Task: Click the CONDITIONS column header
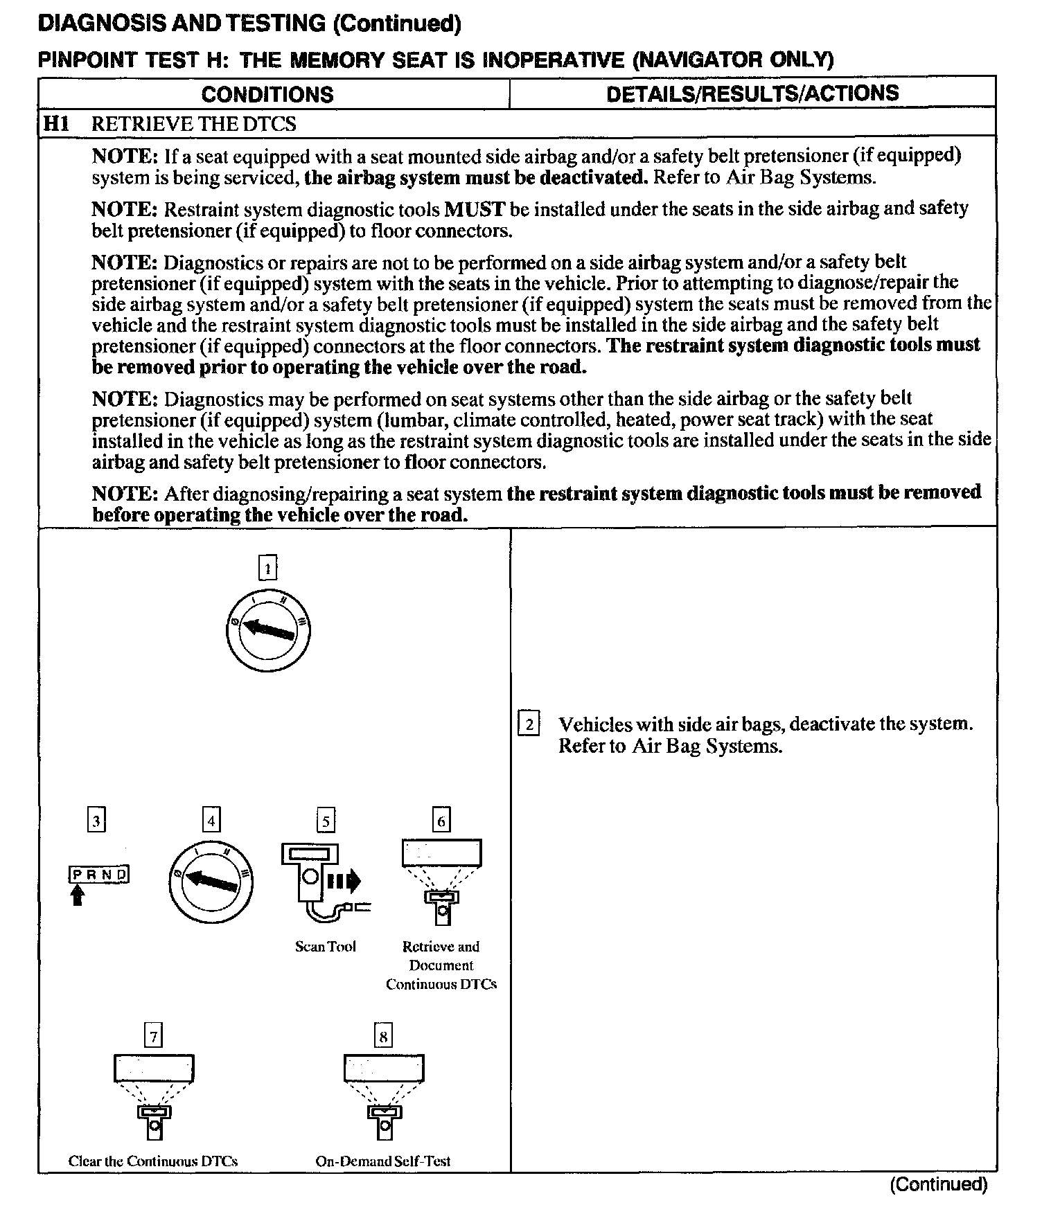pyautogui.click(x=267, y=94)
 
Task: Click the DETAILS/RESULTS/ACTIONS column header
pyautogui.click(x=752, y=93)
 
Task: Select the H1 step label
pyautogui.click(x=55, y=124)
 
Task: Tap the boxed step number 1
pyautogui.click(x=267, y=569)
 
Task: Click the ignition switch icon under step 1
pyautogui.click(x=267, y=629)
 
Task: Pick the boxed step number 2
pyautogui.click(x=529, y=724)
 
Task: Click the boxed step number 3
pyautogui.click(x=96, y=821)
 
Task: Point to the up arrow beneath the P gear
pyautogui.click(x=78, y=896)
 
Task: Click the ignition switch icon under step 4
pyautogui.click(x=210, y=880)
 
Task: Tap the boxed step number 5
pyautogui.click(x=325, y=821)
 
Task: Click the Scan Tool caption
pyautogui.click(x=325, y=947)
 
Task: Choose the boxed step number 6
pyautogui.click(x=441, y=821)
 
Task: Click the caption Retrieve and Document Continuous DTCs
pyautogui.click(x=441, y=965)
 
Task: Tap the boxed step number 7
pyautogui.click(x=153, y=1037)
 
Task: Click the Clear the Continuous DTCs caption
pyautogui.click(x=153, y=1161)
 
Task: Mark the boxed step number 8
pyautogui.click(x=382, y=1037)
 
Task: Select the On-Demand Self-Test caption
pyautogui.click(x=382, y=1161)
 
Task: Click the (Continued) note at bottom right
pyautogui.click(x=938, y=1184)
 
